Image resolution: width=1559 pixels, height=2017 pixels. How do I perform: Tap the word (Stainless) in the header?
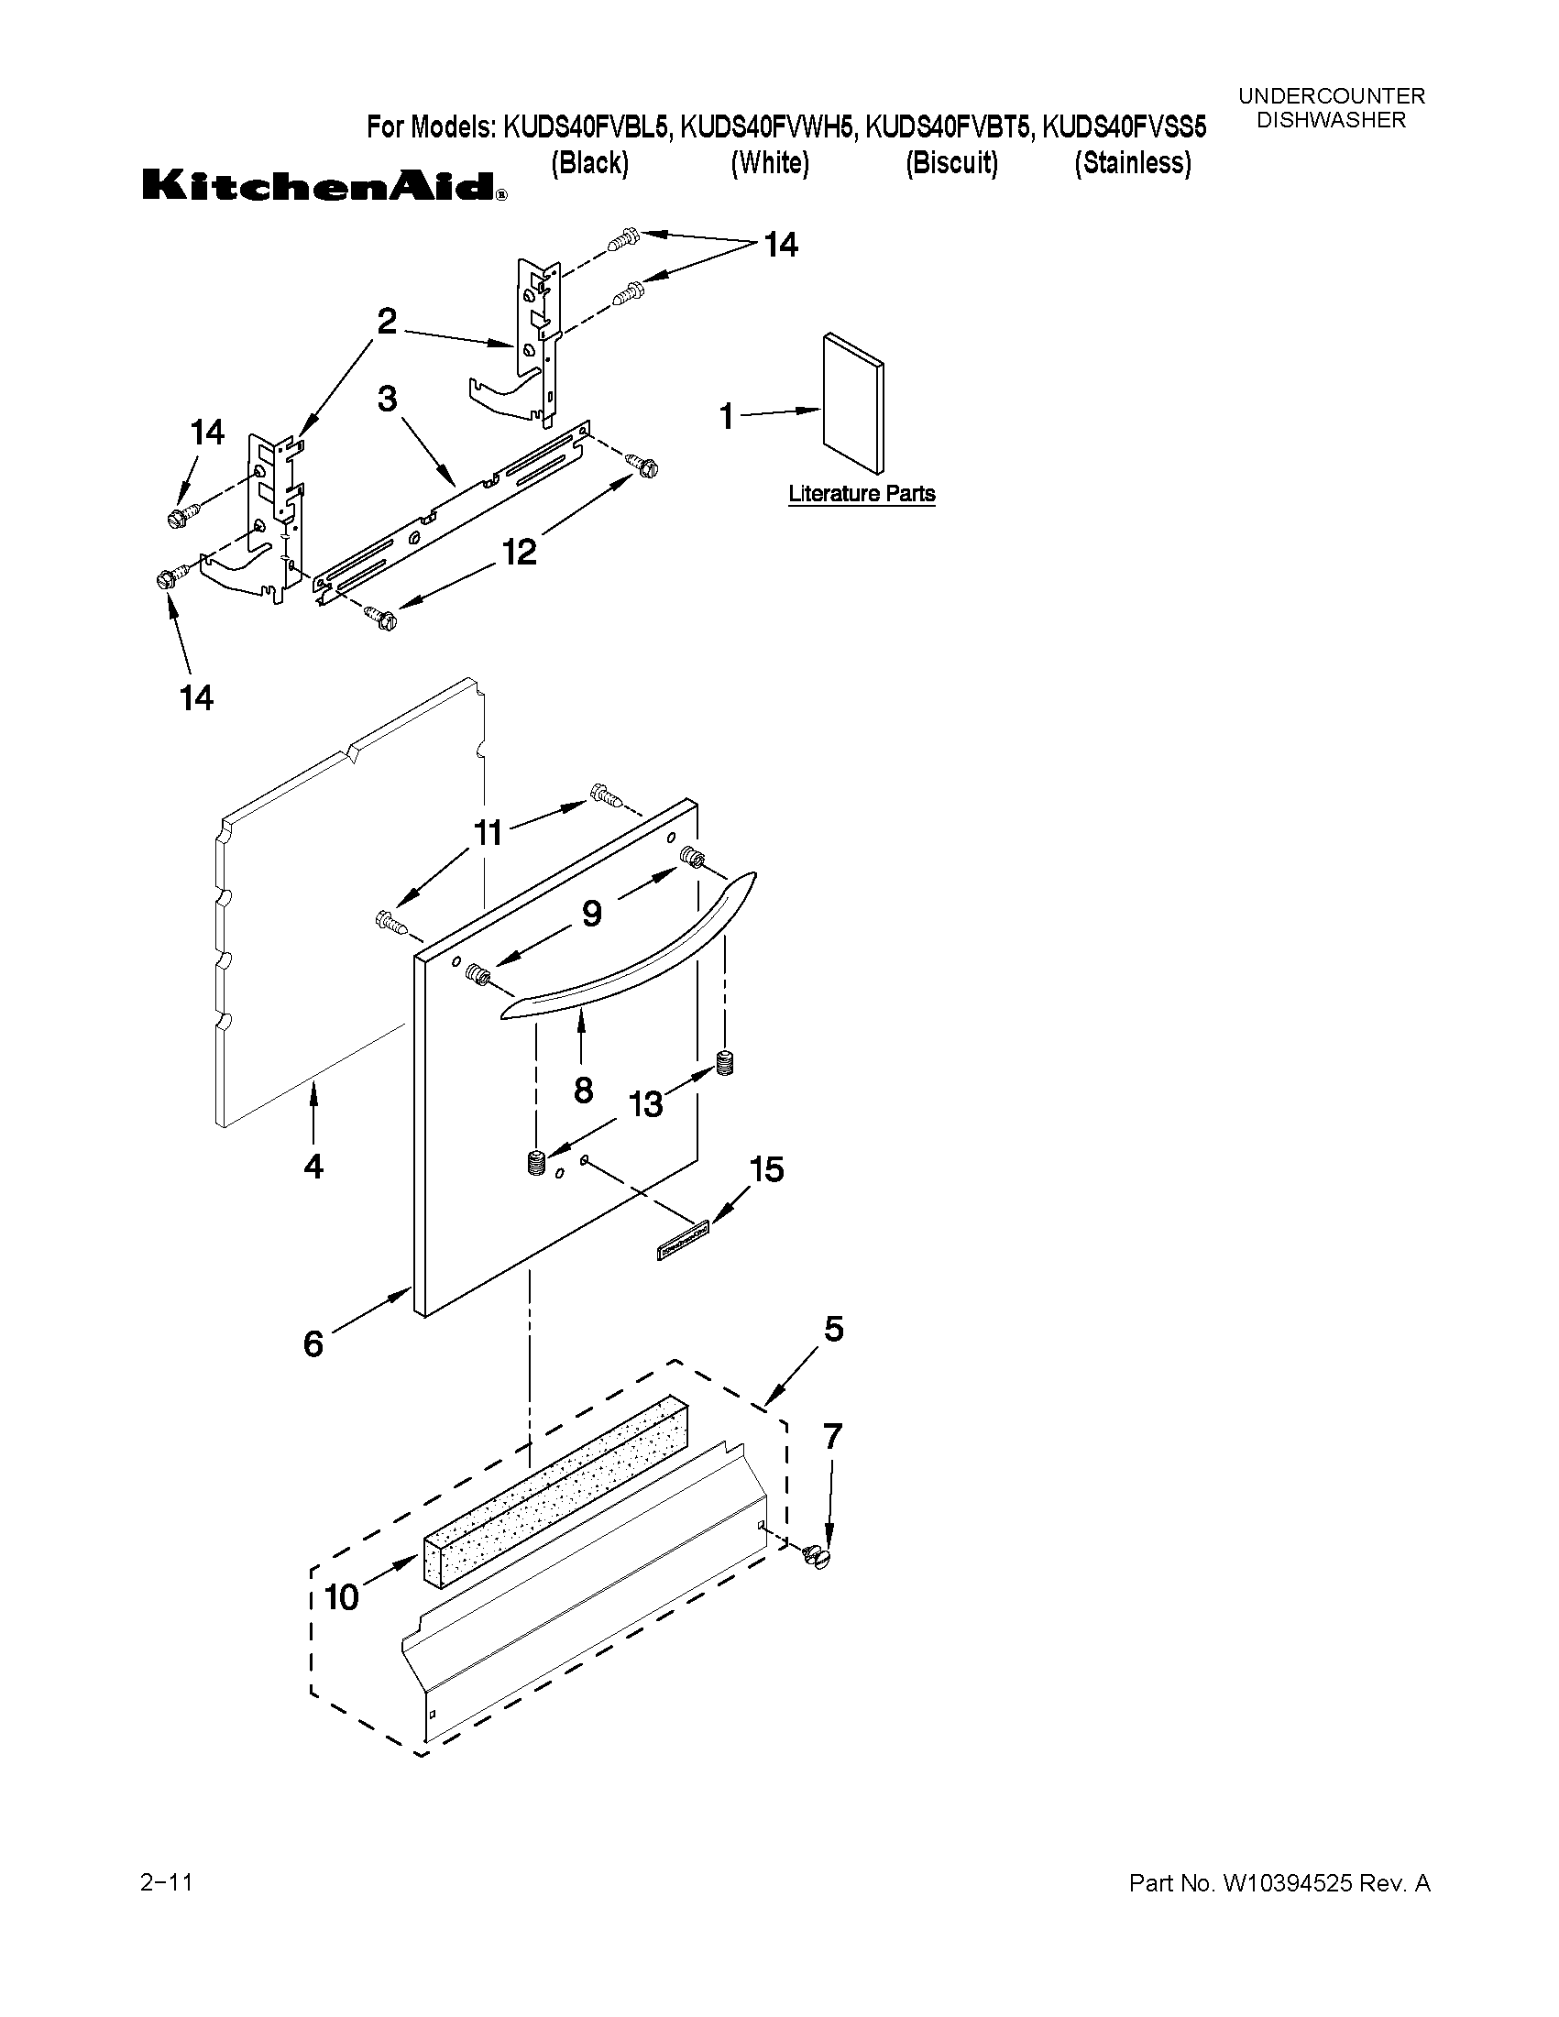coord(1132,163)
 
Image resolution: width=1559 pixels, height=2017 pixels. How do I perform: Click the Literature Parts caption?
coord(861,494)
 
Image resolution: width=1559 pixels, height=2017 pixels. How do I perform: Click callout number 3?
coord(387,399)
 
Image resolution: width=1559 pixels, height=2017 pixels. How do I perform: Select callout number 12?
coord(519,553)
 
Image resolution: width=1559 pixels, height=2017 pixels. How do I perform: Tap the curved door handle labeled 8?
coord(628,960)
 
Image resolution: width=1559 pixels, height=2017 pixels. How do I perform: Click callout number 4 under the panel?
coord(313,1167)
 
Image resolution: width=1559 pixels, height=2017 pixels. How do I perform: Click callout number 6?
coord(313,1343)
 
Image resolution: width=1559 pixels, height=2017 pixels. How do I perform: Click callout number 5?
coord(833,1330)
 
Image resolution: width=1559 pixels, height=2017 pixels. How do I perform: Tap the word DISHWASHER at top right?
coord(1331,120)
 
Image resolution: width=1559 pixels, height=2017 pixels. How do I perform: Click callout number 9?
coord(591,914)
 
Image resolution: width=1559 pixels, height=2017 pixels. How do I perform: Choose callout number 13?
coord(645,1103)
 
